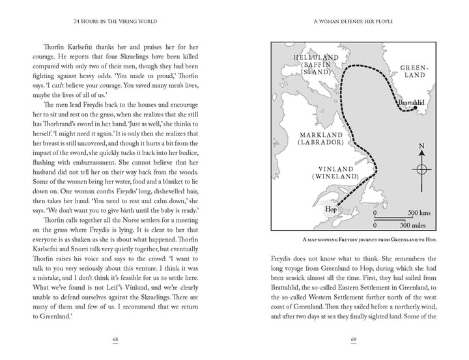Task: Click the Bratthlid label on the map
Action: (x=410, y=103)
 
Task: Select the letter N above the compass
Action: (x=421, y=146)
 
